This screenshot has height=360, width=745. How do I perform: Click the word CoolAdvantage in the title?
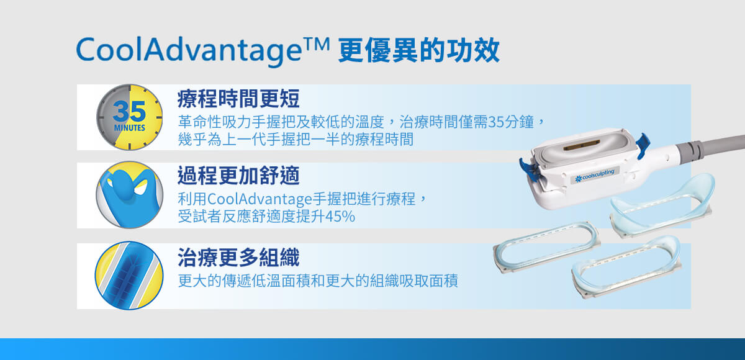tap(189, 51)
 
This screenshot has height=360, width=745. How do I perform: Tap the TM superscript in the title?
tap(317, 43)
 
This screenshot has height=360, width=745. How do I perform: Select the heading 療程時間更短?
tap(238, 99)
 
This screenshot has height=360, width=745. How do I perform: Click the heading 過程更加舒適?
tap(238, 175)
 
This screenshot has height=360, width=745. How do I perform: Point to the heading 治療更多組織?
tap(238, 258)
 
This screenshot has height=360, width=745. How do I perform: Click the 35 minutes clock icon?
tap(129, 117)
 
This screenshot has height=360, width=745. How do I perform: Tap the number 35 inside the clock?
tap(129, 111)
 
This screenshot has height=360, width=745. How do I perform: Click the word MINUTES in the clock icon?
tap(129, 128)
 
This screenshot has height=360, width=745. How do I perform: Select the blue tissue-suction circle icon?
tap(129, 195)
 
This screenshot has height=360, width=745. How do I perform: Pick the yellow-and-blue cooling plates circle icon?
tap(129, 276)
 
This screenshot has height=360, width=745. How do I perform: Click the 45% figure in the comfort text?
tap(340, 217)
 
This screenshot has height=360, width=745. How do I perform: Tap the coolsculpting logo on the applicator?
tap(595, 175)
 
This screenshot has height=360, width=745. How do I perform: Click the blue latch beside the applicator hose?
tap(643, 144)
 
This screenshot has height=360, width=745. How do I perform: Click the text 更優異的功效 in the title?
tap(418, 51)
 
